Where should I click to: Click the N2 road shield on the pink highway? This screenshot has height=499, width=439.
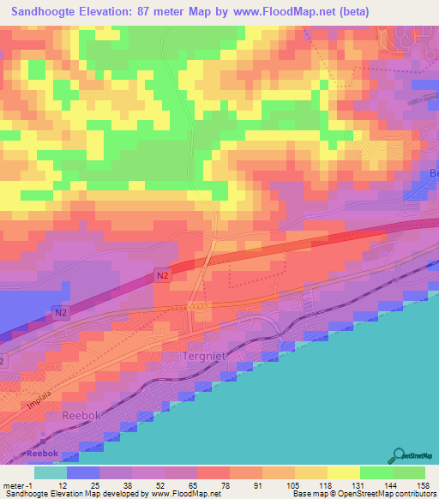[x=163, y=274]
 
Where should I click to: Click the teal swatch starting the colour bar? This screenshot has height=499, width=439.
[x=51, y=472]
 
